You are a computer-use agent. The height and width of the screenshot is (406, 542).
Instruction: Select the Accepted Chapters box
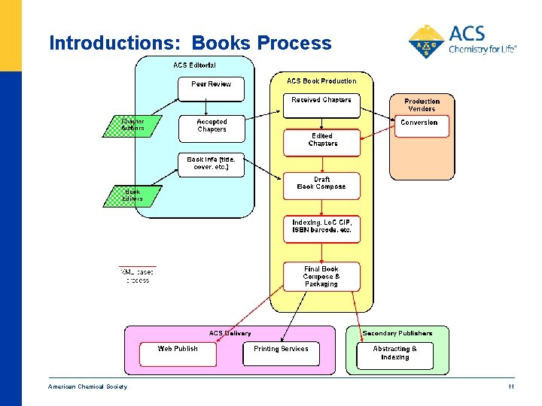[212, 126]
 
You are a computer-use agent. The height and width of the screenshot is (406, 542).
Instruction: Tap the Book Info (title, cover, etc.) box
[212, 164]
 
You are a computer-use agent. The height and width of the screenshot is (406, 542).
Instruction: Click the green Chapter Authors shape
[133, 125]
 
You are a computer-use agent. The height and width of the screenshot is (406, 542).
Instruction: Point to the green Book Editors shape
[132, 196]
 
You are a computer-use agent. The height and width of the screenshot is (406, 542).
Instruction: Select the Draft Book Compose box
[321, 185]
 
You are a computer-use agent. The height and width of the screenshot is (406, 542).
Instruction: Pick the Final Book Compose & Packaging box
[321, 276]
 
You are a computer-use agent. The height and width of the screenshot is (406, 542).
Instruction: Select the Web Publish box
[178, 353]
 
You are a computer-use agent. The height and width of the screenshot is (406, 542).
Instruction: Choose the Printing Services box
[281, 353]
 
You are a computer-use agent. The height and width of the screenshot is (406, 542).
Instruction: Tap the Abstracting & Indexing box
[394, 353]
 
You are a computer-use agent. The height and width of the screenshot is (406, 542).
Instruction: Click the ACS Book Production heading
[321, 81]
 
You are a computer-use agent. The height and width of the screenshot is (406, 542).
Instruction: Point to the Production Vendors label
[422, 105]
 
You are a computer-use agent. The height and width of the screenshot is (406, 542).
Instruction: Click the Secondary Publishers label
[397, 333]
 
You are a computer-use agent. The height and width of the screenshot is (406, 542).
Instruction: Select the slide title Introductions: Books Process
[190, 43]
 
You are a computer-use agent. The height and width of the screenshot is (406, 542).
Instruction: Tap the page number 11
[510, 386]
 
